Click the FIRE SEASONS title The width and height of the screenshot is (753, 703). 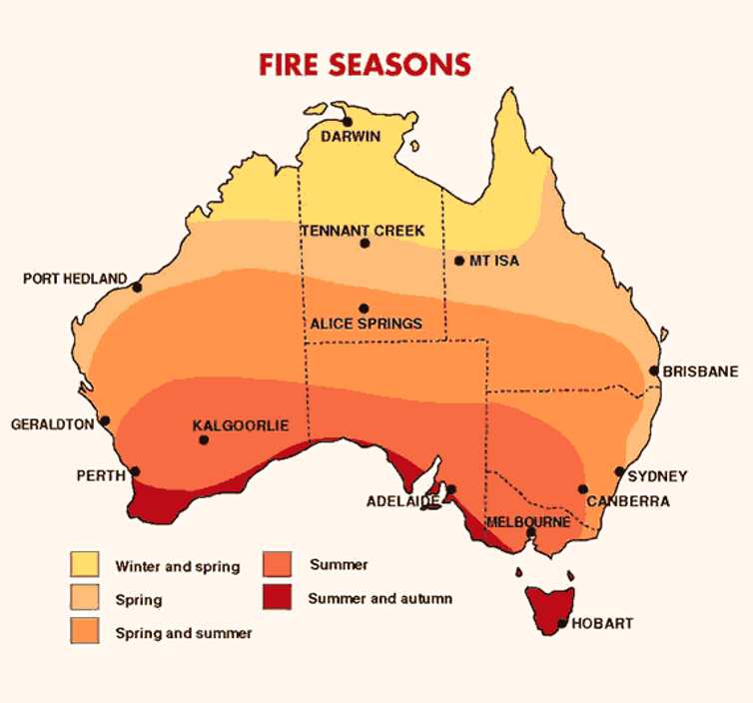coord(365,64)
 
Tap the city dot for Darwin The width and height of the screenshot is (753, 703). coord(347,122)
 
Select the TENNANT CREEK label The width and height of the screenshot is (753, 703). coord(364,231)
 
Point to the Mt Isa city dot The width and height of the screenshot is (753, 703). coord(459,261)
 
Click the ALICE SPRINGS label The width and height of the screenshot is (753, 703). coord(366,324)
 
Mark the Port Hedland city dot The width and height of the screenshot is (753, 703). coord(137,288)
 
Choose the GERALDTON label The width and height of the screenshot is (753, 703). coord(52,424)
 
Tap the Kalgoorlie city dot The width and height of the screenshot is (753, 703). coord(204,439)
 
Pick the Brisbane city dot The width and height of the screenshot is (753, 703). coord(654,370)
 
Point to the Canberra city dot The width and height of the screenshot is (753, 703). coord(583,489)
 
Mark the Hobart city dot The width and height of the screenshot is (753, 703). coord(563,623)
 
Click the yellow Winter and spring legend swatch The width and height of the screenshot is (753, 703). coord(84,564)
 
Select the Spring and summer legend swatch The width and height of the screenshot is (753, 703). coord(84,631)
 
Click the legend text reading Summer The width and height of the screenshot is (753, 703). coord(339,565)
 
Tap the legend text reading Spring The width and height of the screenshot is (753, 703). coord(139,601)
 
